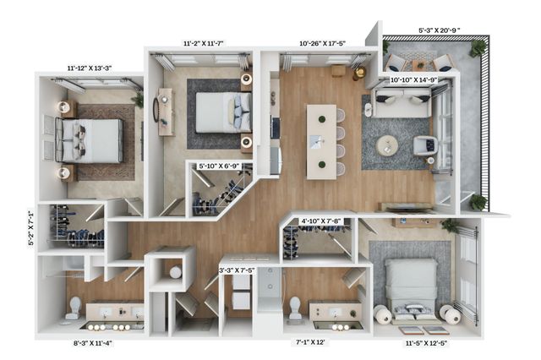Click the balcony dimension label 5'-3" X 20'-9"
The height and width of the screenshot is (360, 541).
click(x=440, y=30)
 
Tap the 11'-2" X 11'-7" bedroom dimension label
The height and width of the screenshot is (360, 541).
click(x=204, y=43)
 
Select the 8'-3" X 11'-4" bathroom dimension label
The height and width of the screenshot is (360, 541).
click(x=93, y=343)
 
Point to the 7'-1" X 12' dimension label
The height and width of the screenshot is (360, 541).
click(x=310, y=342)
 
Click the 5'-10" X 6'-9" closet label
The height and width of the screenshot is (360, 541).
click(x=219, y=166)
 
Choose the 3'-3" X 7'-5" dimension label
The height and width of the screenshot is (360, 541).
click(x=237, y=270)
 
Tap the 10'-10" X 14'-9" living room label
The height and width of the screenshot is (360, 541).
click(x=413, y=80)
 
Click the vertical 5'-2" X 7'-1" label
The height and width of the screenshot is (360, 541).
click(x=31, y=228)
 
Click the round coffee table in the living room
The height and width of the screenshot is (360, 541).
click(x=387, y=146)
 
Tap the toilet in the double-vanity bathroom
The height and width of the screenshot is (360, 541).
click(x=74, y=308)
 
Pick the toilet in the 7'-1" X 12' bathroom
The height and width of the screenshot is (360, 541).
click(x=295, y=308)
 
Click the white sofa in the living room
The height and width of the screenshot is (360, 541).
click(x=402, y=102)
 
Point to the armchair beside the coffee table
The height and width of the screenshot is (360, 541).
click(x=426, y=145)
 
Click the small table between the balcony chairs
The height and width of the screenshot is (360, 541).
click(x=420, y=64)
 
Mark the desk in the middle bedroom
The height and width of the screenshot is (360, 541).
click(x=165, y=112)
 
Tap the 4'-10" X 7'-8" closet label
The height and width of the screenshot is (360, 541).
click(x=321, y=221)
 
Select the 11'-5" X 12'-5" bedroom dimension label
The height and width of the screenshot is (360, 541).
click(x=426, y=343)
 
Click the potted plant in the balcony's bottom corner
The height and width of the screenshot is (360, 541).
click(x=478, y=202)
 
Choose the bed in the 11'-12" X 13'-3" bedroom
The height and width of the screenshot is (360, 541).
click(x=90, y=140)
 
